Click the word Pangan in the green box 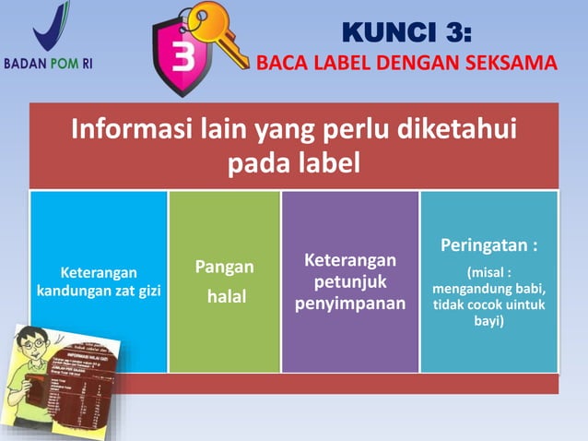tap(224, 268)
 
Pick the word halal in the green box tap(225, 297)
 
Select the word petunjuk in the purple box tap(350, 280)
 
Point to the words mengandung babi tap(488, 289)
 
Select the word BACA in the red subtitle tap(280, 64)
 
